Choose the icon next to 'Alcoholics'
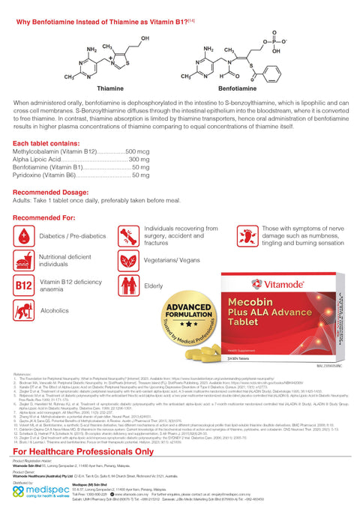pos(23,310)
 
